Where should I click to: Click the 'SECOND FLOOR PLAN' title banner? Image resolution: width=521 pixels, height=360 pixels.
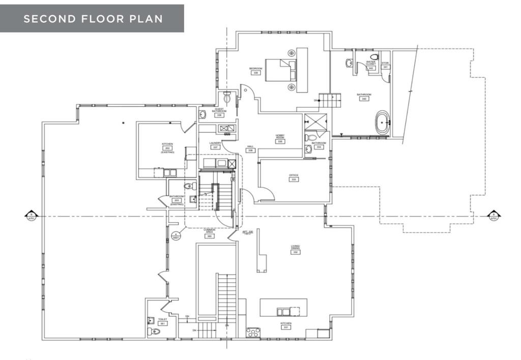tap(92, 19)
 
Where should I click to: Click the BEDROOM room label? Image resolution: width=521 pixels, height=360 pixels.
tap(255, 69)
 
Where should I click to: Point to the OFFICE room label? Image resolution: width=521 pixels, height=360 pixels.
tap(294, 176)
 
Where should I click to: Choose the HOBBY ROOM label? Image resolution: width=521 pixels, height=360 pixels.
tap(280, 137)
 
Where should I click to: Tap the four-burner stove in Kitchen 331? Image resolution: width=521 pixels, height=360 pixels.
tap(253, 333)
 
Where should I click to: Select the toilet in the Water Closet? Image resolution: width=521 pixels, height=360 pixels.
tap(374, 57)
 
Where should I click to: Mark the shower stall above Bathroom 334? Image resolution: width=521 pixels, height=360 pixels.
tap(316, 122)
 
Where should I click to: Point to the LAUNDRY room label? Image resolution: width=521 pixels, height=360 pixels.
tap(215, 143)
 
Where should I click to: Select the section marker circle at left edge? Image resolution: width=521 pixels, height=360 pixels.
tap(31, 216)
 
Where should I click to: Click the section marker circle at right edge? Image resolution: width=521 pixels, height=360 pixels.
tap(493, 216)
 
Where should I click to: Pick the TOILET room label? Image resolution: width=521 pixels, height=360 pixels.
tap(162, 306)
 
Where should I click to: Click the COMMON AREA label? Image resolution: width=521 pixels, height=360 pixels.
tap(209, 231)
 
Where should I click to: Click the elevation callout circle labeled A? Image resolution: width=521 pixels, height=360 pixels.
tap(176, 235)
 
